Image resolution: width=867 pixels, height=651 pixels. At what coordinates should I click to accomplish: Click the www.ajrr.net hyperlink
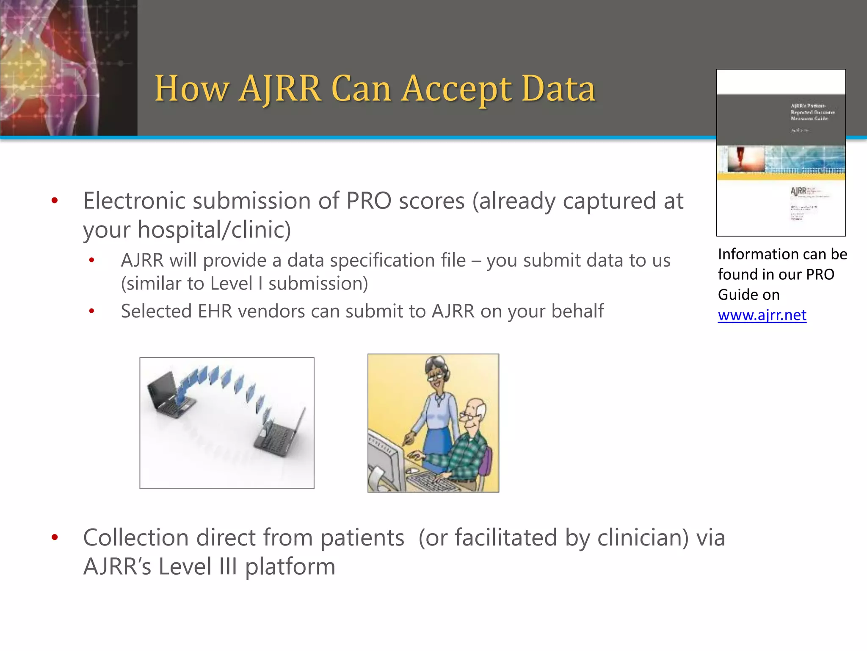pos(762,315)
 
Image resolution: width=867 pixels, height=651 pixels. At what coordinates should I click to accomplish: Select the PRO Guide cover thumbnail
pos(781,153)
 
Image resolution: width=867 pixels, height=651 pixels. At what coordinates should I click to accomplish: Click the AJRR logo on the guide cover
pos(798,191)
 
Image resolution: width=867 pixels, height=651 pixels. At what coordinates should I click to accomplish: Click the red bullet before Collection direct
pos(55,537)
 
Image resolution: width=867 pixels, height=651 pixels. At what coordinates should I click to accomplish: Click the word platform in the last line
pos(290,567)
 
